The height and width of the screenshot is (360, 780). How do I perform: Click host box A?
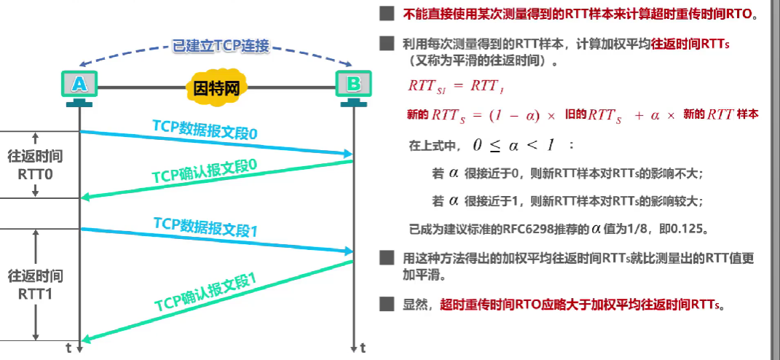point(79,85)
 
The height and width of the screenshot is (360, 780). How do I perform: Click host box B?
point(353,85)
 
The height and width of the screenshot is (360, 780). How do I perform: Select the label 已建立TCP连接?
point(221,46)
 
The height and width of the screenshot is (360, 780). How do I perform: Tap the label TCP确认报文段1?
point(205,291)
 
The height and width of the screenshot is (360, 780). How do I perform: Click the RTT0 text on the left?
point(35,175)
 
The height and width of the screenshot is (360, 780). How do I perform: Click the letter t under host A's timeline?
point(68,348)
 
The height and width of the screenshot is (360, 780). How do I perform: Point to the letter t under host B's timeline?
point(362,348)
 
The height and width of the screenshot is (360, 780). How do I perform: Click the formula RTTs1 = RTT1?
point(456,86)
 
